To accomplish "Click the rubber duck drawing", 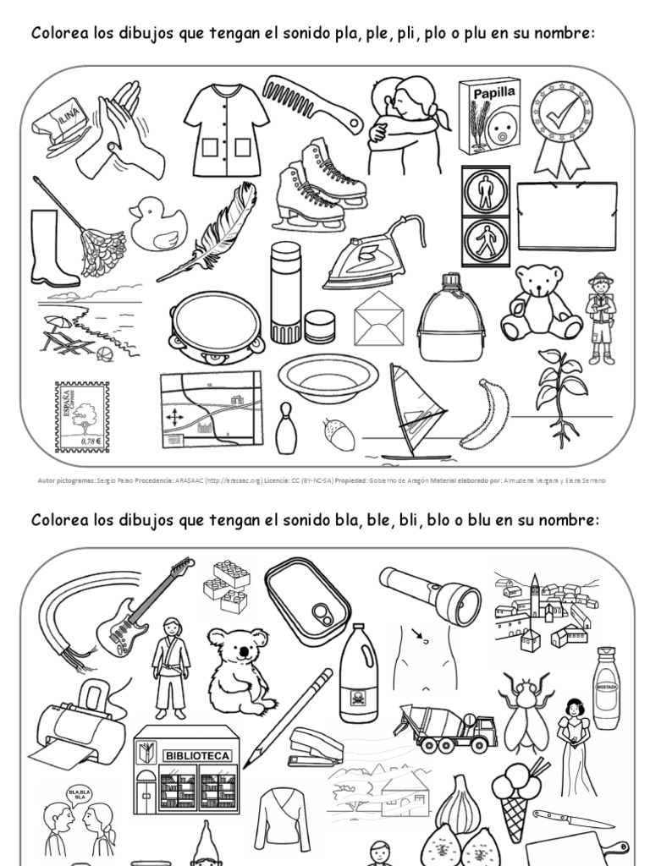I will pos(157,225).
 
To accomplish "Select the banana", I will pos(486,414).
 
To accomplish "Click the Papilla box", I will pos(488,117).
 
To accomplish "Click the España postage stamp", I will pos(82,417).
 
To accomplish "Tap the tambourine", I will pos(217,326).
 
